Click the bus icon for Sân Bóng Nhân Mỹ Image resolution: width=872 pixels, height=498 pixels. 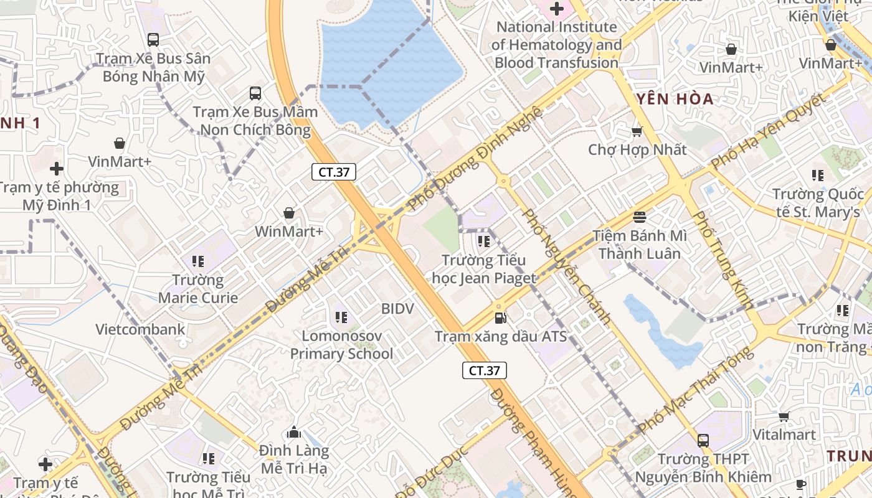(x=153, y=40)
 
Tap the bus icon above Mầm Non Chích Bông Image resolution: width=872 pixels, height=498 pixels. (x=255, y=93)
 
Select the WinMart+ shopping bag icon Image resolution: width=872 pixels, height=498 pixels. (x=289, y=214)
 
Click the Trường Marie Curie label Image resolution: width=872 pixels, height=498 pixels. (x=198, y=289)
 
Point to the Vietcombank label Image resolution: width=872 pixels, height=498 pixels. (x=140, y=329)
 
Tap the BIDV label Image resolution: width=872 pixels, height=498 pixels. (x=397, y=308)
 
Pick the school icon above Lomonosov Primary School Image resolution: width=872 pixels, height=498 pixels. (x=341, y=317)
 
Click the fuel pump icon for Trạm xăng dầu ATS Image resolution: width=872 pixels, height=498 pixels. (x=500, y=318)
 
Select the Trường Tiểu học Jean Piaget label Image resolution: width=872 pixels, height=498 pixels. (x=484, y=269)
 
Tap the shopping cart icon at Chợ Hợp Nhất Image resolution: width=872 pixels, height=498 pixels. (x=637, y=131)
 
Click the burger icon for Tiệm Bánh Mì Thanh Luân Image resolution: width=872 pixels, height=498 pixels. (x=640, y=217)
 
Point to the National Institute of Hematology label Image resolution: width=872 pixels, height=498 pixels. (x=556, y=45)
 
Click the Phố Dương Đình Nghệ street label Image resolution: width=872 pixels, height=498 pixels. (x=475, y=158)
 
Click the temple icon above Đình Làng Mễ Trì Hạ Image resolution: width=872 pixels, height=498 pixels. (x=294, y=432)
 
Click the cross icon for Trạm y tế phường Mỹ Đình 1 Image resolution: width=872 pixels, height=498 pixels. (x=57, y=169)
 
